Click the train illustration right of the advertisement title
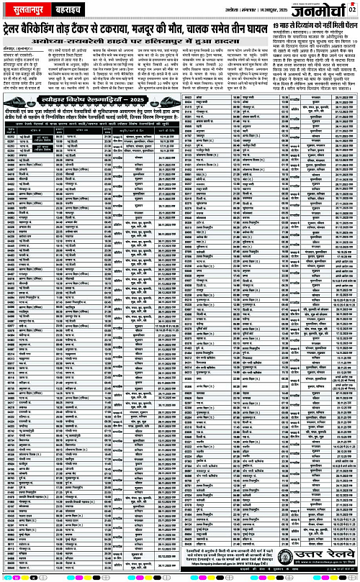point(169,101)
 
